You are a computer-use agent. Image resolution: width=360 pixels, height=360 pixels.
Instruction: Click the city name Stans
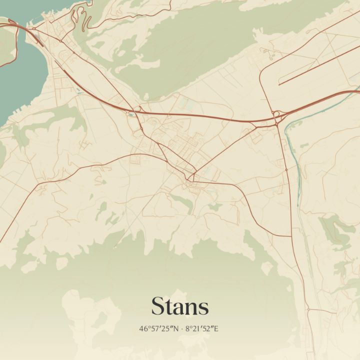click(x=180, y=306)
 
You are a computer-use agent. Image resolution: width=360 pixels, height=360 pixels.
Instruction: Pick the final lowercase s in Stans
click(x=203, y=308)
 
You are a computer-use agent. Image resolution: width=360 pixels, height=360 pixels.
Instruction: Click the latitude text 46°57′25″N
click(x=158, y=329)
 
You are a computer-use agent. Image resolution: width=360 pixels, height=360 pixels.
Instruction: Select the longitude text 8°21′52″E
click(x=202, y=329)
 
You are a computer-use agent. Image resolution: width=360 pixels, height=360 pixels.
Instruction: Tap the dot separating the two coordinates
click(x=181, y=329)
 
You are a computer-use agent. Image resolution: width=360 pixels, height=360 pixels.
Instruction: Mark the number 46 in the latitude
click(x=143, y=329)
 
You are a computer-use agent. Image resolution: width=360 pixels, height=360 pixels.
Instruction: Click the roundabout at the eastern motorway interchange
click(x=276, y=114)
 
